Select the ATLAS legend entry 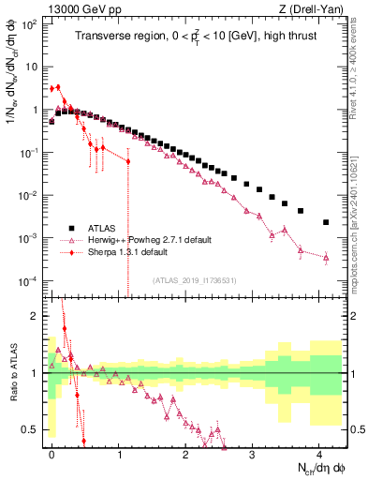click(103, 228)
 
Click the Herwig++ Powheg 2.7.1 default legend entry click(140, 240)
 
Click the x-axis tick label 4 click(319, 451)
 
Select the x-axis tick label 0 click(52, 451)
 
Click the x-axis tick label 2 click(185, 451)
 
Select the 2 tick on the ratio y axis click(37, 316)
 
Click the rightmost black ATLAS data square click(326, 222)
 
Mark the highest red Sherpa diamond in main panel click(58, 87)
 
